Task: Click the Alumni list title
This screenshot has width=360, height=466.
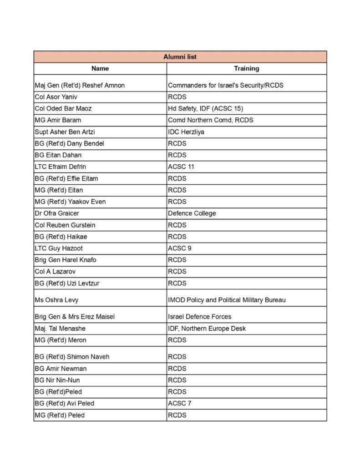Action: (180, 57)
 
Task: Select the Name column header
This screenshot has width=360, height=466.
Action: (100, 69)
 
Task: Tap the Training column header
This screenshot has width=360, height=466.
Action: (246, 69)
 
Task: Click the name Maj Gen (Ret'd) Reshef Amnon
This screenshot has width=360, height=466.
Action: (80, 85)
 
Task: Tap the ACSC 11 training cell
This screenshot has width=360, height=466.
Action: (181, 167)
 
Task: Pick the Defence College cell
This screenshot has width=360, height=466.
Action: (192, 213)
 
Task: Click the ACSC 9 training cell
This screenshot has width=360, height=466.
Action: (179, 248)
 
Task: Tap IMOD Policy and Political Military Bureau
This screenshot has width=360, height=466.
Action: (227, 300)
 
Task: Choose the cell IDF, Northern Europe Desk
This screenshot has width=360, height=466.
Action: (207, 329)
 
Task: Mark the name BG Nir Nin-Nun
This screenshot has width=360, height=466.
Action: (57, 380)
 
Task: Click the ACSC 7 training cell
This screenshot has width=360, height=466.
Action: (179, 404)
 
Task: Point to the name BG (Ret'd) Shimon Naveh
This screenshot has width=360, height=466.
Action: (72, 357)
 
